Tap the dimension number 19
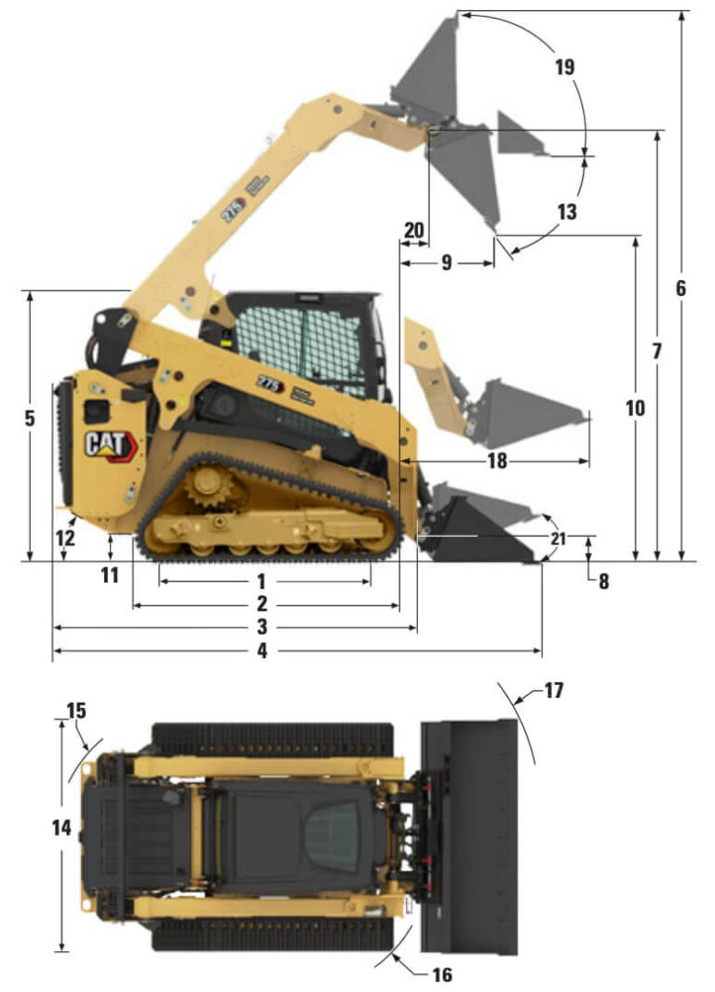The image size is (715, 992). click(563, 68)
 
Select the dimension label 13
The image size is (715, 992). click(566, 212)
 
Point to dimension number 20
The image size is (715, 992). click(414, 230)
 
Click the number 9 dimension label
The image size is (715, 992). click(446, 263)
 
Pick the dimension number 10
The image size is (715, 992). click(636, 408)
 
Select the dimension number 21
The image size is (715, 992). click(557, 539)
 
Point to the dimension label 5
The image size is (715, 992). click(30, 419)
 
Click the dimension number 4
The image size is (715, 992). click(262, 651)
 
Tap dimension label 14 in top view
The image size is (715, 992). click(61, 826)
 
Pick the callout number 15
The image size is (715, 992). click(76, 711)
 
